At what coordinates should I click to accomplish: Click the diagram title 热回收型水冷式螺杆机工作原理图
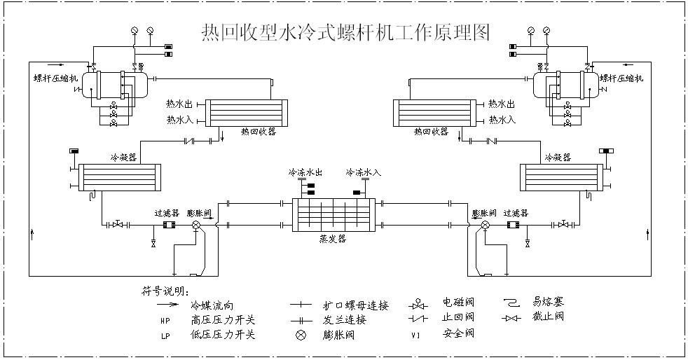pyautogui.click(x=345, y=32)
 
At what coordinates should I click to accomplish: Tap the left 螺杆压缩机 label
pyautogui.click(x=53, y=78)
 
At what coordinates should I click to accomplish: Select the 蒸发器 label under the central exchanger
pyautogui.click(x=333, y=239)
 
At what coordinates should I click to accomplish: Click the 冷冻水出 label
pyautogui.click(x=305, y=172)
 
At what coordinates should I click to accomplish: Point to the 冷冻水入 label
pyautogui.click(x=364, y=172)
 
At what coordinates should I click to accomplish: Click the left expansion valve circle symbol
pyautogui.click(x=196, y=225)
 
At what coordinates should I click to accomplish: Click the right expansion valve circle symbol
pyautogui.click(x=485, y=225)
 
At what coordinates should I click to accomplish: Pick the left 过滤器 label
pyautogui.click(x=167, y=212)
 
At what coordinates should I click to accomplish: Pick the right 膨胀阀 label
pyautogui.click(x=483, y=212)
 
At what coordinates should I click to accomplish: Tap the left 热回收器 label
pyautogui.click(x=258, y=131)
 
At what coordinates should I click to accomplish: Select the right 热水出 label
pyautogui.click(x=502, y=104)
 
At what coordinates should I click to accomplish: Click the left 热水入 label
pyautogui.click(x=179, y=120)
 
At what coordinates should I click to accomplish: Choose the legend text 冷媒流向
pyautogui.click(x=212, y=305)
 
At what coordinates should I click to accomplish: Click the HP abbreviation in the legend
pyautogui.click(x=165, y=321)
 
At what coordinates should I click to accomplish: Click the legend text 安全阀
pyautogui.click(x=458, y=333)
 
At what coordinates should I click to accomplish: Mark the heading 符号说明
pyautogui.click(x=165, y=291)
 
